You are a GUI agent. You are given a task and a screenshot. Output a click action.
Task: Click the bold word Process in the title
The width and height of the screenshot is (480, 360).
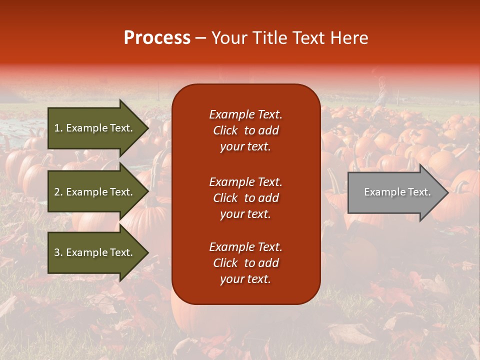pos(157,38)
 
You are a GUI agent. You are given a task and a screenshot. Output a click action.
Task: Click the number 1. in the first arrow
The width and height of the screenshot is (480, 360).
pos(58,128)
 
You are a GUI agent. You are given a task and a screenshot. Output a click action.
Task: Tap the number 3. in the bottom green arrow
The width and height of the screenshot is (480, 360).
pos(58,253)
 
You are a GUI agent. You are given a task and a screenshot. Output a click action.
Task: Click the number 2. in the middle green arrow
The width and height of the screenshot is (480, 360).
pos(58,192)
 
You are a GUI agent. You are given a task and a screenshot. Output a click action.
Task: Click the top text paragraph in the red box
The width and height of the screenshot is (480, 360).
pos(245,130)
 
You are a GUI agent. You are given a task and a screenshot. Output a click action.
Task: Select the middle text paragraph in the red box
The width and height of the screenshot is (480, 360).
pos(245,198)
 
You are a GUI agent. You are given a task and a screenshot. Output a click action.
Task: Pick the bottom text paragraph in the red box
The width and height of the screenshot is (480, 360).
pos(245,263)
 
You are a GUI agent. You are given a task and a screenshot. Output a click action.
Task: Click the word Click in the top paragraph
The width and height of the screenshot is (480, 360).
pos(225,130)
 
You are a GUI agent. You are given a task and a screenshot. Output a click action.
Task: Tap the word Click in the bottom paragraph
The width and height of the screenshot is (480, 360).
pos(225,263)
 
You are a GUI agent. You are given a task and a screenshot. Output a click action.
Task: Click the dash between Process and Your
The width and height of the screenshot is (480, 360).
pos(201,38)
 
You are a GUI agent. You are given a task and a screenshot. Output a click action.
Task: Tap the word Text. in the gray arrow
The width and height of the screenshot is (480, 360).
pos(419,192)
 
